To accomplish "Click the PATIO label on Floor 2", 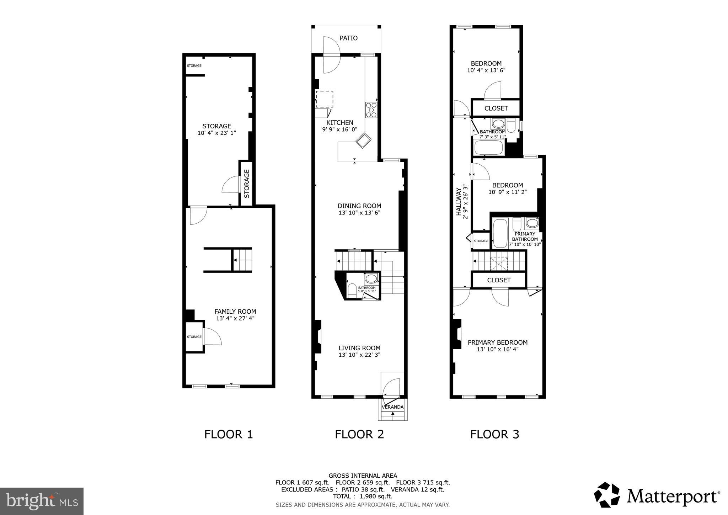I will click(x=348, y=38).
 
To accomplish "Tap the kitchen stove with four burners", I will click(x=371, y=110).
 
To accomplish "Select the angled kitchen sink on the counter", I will click(x=363, y=140).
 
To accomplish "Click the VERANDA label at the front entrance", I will click(x=392, y=407).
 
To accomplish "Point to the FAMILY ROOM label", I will click(x=235, y=312).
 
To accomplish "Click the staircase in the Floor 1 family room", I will click(x=242, y=260).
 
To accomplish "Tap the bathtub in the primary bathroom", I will click(x=500, y=233).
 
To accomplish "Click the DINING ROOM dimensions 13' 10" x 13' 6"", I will click(x=359, y=213).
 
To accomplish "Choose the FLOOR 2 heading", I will click(x=359, y=434).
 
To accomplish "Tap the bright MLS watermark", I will click(x=42, y=501).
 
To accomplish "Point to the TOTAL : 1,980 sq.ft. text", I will click(x=363, y=496).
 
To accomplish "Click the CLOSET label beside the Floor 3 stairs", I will click(x=499, y=280).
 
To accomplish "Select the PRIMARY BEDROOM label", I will click(x=497, y=343).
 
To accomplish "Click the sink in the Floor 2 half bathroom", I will click(x=371, y=278).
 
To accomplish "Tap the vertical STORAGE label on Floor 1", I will click(x=246, y=184).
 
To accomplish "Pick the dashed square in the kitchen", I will click(x=324, y=99).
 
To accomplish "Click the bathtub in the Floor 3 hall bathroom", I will click(x=488, y=148).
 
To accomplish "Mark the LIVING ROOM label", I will click(x=359, y=348).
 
